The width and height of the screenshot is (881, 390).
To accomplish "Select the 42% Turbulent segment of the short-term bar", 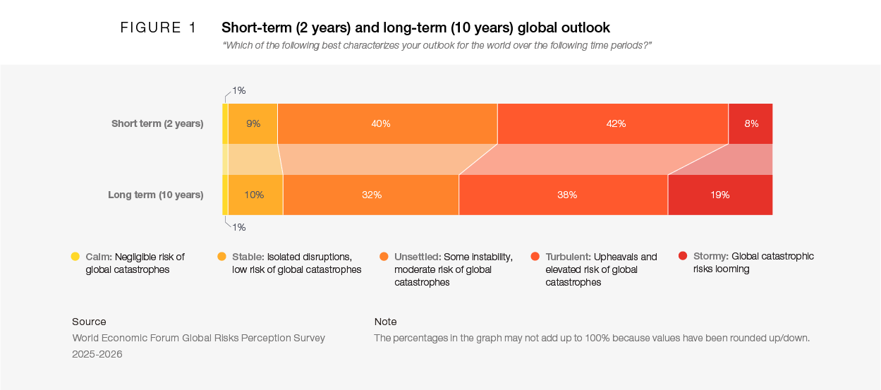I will [612, 123].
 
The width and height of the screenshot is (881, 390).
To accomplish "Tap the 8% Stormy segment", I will [751, 123].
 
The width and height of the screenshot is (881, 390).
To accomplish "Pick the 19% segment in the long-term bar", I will [719, 195].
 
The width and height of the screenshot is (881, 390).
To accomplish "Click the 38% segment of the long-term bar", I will [563, 195].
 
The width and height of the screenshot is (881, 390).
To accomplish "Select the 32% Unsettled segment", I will [371, 195].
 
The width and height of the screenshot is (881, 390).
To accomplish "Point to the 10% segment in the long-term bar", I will [255, 195].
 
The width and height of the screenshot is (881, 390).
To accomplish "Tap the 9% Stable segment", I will [253, 123].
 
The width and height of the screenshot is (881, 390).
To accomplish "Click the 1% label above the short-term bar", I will [238, 90].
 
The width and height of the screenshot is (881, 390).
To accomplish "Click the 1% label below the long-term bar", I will [238, 227].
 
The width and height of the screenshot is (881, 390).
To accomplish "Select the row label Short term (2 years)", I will [157, 123].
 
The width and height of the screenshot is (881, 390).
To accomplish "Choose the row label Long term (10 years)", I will [155, 195].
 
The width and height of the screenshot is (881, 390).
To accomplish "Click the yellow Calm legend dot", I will [75, 257].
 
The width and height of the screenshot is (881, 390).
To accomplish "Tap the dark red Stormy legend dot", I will [683, 256].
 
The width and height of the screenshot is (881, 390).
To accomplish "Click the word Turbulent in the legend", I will [568, 257].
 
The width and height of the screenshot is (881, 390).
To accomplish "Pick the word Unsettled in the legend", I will [417, 257].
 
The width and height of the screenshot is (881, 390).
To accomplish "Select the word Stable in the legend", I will [248, 257].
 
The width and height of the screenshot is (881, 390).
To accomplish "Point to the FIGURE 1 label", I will [159, 28].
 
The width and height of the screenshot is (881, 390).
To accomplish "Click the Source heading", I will [89, 322].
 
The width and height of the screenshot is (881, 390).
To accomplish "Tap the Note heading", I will [385, 322].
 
